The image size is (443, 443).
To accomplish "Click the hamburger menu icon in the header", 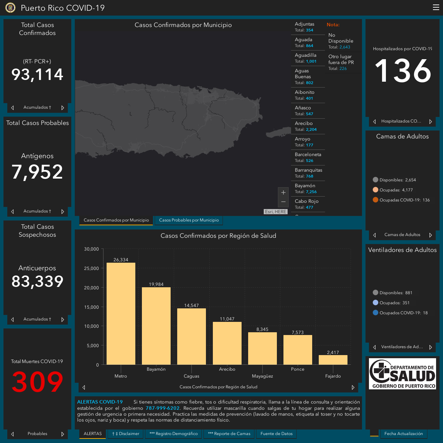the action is point(436,7).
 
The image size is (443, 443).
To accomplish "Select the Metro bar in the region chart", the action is point(121,314).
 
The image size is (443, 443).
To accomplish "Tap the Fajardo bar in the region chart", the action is point(333,360).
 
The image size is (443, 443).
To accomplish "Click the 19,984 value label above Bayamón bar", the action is point(156,284).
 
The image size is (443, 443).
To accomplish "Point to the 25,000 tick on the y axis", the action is point(91,268).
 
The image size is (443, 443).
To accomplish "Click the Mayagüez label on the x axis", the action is point(262,376).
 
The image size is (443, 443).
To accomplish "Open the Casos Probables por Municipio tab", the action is point(189,220).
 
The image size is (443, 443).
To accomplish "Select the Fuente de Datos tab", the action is point(276,434).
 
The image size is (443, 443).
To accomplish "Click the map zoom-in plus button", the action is point(283,192).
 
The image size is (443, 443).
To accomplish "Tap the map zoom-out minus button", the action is point(283,202).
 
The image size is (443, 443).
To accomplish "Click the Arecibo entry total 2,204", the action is point(311,129).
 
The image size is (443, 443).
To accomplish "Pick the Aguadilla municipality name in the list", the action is point(305,55).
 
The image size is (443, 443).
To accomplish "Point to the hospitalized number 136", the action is point(403,70).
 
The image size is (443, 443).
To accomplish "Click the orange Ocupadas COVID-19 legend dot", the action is point(375,200).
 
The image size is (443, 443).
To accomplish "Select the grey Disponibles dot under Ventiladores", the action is point(375,292).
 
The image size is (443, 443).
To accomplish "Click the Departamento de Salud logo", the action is point(402,373).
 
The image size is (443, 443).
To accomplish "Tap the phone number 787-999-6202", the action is point(163,408).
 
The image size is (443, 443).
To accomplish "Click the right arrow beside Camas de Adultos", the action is point(431,235).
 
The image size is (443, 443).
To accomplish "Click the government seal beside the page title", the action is point(10,8).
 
